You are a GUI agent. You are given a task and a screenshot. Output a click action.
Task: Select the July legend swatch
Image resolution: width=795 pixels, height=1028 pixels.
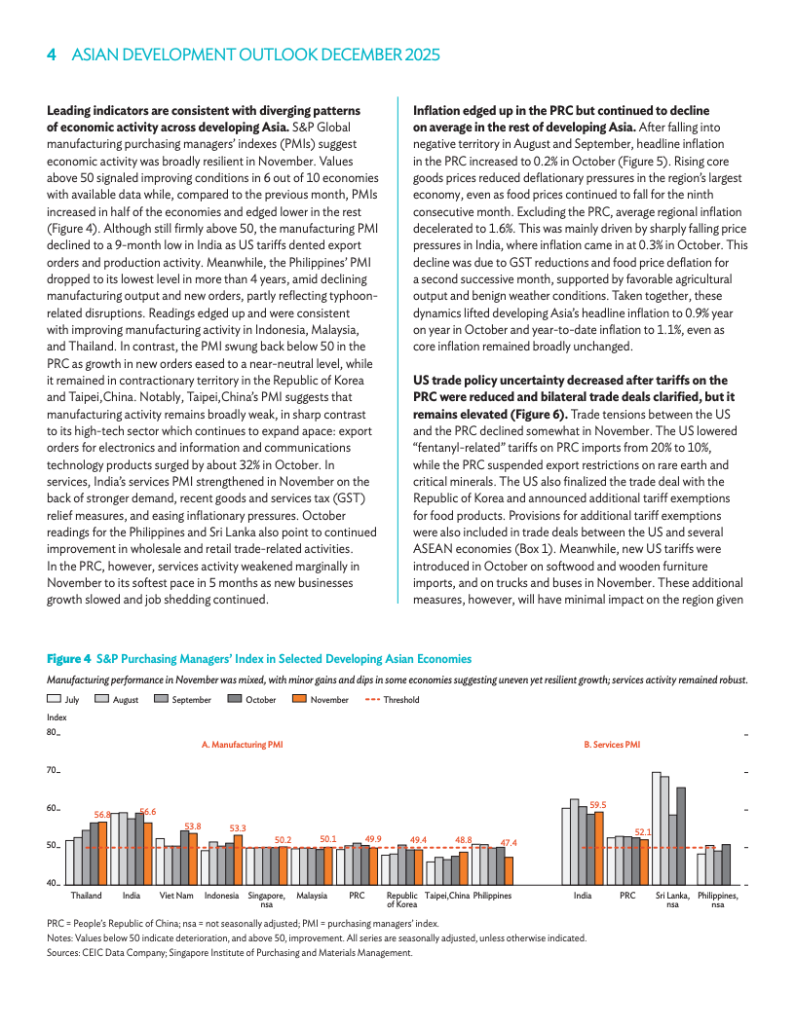click(x=55, y=699)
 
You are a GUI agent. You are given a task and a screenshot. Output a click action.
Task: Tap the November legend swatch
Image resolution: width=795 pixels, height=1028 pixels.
click(x=300, y=699)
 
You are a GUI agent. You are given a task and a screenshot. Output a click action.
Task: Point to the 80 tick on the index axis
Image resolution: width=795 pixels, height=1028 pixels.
click(x=53, y=733)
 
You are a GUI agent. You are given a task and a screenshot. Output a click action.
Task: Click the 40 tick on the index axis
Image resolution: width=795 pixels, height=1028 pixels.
click(x=53, y=883)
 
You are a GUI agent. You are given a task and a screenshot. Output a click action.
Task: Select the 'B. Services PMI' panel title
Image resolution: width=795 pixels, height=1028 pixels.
click(x=611, y=745)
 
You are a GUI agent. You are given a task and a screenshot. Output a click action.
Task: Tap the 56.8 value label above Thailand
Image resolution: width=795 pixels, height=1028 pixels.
click(x=101, y=814)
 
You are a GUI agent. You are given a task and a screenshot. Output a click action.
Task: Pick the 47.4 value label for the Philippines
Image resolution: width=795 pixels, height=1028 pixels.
click(x=508, y=842)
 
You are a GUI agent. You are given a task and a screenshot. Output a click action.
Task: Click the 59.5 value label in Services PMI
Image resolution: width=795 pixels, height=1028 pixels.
click(x=598, y=805)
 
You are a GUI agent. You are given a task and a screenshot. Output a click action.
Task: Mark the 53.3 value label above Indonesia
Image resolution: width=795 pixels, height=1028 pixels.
click(x=237, y=827)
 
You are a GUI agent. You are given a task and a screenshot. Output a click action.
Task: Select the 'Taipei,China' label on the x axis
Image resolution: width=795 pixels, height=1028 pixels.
click(x=447, y=895)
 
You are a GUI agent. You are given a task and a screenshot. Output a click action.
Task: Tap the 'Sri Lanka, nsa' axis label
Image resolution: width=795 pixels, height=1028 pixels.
click(x=672, y=899)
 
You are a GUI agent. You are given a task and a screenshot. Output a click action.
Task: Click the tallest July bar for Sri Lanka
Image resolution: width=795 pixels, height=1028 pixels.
click(x=657, y=827)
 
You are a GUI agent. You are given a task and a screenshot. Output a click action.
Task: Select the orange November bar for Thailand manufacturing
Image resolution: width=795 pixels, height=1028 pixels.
click(x=102, y=853)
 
